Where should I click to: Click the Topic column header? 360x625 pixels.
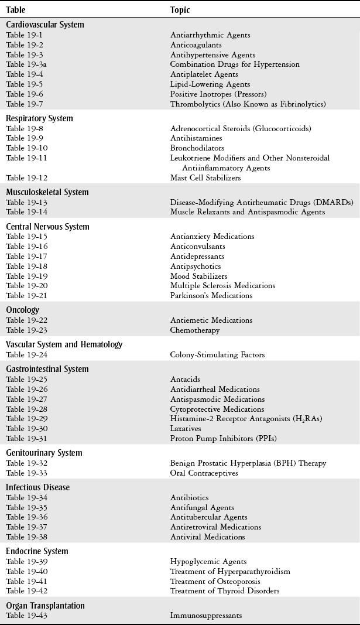coord(180,10)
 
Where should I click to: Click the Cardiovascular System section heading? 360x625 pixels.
coord(45,25)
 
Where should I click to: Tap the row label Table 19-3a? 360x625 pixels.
coord(26,64)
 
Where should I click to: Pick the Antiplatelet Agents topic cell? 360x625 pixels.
coord(204,74)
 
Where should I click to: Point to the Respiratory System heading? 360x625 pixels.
coord(39,118)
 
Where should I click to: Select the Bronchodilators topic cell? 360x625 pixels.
coord(197,148)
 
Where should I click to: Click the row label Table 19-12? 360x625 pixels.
coord(26,177)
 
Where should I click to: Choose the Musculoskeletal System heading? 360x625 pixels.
coord(47,192)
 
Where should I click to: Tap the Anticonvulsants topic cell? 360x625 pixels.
coord(197,247)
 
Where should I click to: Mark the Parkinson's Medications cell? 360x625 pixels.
coord(211,296)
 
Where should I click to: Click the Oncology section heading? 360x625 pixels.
coord(22,310)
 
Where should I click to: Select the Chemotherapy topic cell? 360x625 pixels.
coord(195,330)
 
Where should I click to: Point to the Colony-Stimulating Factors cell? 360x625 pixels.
coord(217,355)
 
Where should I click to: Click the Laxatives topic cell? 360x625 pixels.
coord(186,429)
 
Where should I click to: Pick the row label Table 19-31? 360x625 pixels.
coord(26,439)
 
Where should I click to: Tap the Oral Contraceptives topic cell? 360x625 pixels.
coord(204,473)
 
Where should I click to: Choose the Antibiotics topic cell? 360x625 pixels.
coord(189,498)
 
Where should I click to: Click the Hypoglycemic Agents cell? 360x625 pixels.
coord(208,562)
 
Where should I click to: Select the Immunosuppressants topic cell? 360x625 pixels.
coord(206,616)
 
